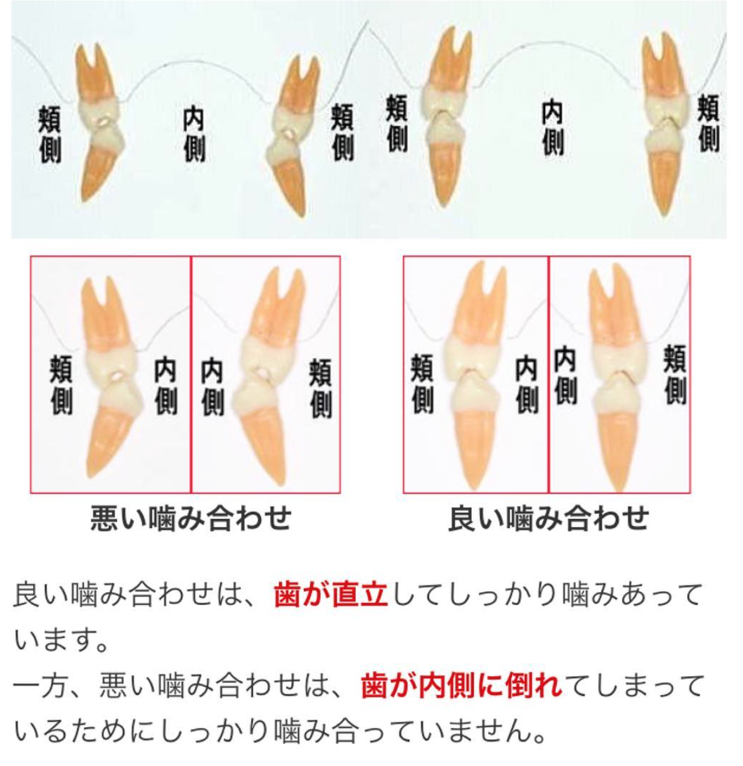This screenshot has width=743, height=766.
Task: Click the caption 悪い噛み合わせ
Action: click(x=191, y=518)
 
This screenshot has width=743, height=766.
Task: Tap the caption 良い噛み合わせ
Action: click(x=549, y=518)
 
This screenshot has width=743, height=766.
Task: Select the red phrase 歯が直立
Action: click(x=331, y=595)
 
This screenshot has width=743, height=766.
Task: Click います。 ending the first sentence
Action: click(x=61, y=640)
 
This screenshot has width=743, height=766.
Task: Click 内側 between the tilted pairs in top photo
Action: click(x=194, y=135)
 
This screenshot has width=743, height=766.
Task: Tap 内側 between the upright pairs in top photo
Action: click(x=552, y=127)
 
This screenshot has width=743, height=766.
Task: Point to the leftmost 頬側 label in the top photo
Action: click(x=50, y=135)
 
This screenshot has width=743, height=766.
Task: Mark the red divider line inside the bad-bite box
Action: click(x=191, y=374)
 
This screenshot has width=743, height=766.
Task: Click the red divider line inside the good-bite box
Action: click(x=548, y=374)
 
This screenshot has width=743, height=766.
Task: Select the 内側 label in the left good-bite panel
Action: click(x=526, y=385)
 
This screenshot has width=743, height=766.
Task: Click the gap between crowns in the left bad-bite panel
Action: click(x=116, y=377)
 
